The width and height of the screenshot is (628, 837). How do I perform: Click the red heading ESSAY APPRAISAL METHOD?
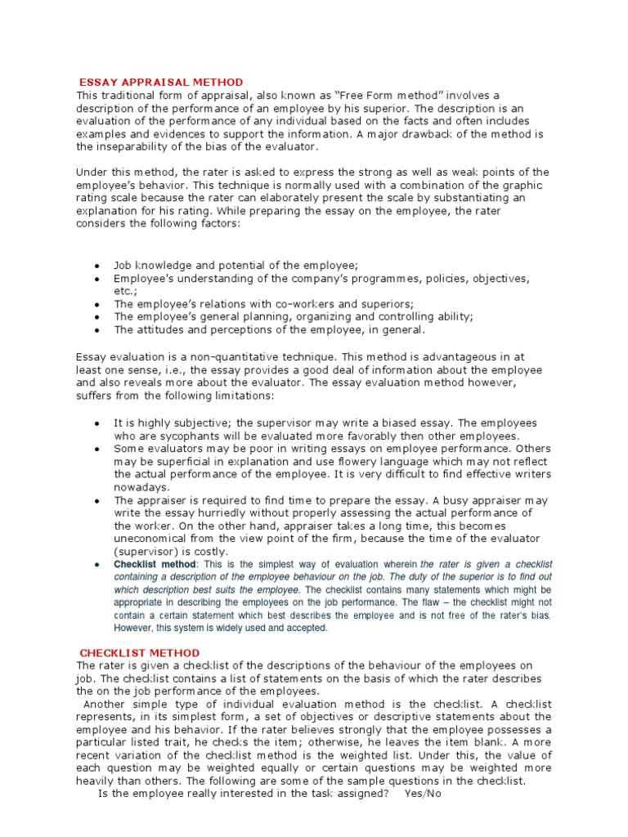pos(161,82)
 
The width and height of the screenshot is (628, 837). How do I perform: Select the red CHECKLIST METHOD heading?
pos(139,652)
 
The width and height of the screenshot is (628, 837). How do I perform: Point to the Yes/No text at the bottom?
pos(423,794)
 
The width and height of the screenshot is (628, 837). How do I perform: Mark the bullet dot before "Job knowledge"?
pos(96,266)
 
